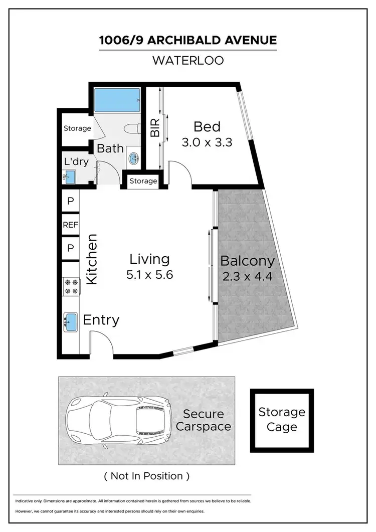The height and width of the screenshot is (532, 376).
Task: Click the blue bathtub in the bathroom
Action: pos(117,100)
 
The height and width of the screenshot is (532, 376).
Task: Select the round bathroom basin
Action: pos(134,159)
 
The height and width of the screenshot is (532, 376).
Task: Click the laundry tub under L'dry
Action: pos(69,176)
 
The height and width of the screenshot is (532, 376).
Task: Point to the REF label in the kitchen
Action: pos(70,225)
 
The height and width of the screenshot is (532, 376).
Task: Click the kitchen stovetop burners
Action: pos(71,286)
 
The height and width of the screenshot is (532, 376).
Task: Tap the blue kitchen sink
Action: pos(70,321)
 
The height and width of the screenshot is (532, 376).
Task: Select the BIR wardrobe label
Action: pos(155,128)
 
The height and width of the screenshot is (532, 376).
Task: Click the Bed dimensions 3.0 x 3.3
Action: pos(207,142)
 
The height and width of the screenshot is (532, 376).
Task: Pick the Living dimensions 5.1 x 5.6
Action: pos(149,274)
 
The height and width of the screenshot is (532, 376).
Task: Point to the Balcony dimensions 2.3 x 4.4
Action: pos(247,276)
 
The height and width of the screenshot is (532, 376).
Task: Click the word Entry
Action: pos(101,320)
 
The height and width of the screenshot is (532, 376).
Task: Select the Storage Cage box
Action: pos(282,420)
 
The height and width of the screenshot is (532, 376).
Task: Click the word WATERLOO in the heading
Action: pos(188,61)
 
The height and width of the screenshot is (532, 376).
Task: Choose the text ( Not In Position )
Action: pos(146,476)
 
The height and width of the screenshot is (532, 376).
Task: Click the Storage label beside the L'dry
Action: pos(77,128)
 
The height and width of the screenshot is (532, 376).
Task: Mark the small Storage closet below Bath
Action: pos(143,181)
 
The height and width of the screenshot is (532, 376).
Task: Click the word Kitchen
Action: pos(92,260)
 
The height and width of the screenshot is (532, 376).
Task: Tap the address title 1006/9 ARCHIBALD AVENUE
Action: pos(188,40)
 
